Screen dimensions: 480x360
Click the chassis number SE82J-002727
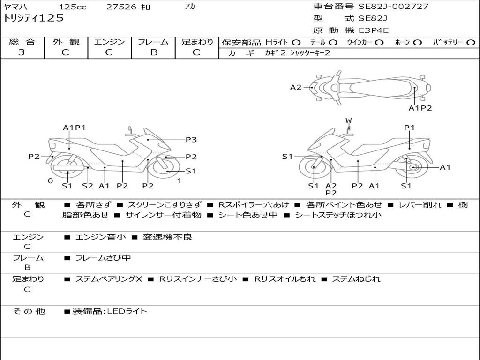[x=393, y=7]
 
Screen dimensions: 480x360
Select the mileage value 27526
[x=121, y=7]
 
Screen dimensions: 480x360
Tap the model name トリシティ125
[x=33, y=18]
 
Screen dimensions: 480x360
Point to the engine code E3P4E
[x=374, y=30]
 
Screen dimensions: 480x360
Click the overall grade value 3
[x=22, y=52]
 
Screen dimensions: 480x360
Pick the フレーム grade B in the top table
[x=154, y=52]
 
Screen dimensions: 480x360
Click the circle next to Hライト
[x=296, y=43]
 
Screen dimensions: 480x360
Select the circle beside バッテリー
[x=471, y=43]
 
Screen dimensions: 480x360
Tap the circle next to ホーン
[x=418, y=43]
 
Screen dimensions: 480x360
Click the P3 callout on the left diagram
[x=191, y=140]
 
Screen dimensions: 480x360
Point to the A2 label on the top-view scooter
[x=296, y=88]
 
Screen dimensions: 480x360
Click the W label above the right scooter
[x=349, y=120]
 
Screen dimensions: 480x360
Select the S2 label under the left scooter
[x=88, y=186]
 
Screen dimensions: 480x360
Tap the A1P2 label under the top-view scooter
[x=420, y=108]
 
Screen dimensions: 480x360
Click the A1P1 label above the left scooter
[x=75, y=127]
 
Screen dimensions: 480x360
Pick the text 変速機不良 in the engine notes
[x=167, y=237]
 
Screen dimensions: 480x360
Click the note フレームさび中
[x=103, y=258]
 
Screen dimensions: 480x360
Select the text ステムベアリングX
[x=109, y=279]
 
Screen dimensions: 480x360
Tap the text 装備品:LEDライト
[x=110, y=311]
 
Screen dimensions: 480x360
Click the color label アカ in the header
[x=190, y=6]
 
